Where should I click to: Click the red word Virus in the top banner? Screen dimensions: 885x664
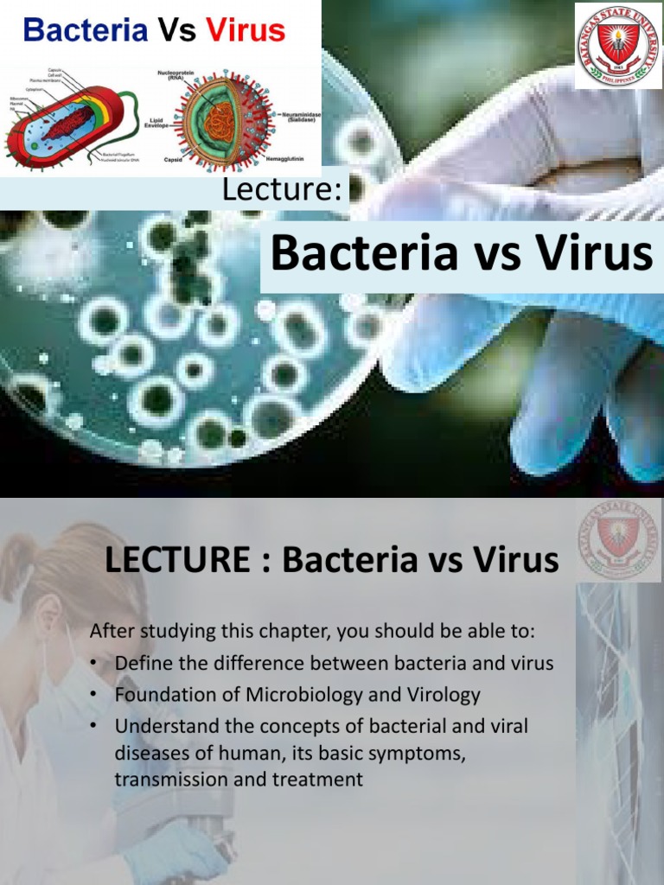coord(246,31)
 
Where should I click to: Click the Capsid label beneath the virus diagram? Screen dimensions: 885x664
coord(172,160)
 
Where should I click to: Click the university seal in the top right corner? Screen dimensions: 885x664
coord(617,46)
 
